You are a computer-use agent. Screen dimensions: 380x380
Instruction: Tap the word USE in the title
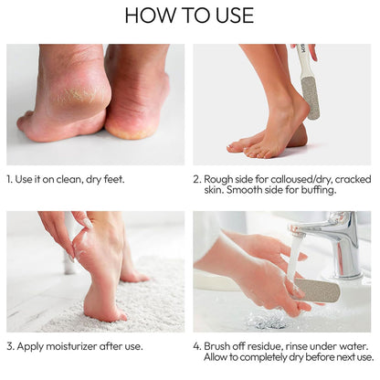tap(235, 16)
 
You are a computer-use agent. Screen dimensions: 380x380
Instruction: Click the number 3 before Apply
tap(10, 346)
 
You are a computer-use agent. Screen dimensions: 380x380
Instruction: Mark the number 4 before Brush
tap(197, 346)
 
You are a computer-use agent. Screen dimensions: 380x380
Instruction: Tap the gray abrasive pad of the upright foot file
tap(311, 98)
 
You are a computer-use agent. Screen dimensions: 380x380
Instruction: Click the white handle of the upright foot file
tap(301, 61)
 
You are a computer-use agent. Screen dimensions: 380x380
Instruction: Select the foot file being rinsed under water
tap(317, 290)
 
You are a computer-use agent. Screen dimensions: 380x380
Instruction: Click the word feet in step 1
tap(114, 179)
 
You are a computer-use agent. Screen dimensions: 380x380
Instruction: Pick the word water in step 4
tap(355, 346)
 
